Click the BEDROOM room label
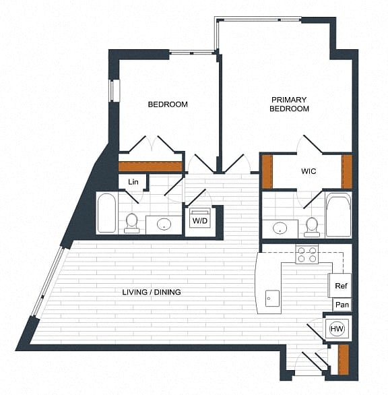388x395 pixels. click(x=168, y=104)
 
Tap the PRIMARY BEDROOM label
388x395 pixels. click(x=289, y=104)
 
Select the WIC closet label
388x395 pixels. click(x=309, y=171)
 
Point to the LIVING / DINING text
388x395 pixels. click(x=152, y=293)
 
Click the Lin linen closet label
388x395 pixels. click(x=133, y=181)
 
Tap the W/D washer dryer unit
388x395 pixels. click(x=200, y=218)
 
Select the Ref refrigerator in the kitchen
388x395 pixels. click(x=340, y=285)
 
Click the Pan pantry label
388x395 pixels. click(x=342, y=305)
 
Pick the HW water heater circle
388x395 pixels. click(x=337, y=328)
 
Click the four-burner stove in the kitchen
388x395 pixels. click(x=307, y=254)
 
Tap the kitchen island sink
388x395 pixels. click(x=272, y=299)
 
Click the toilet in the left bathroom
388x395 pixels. click(x=131, y=223)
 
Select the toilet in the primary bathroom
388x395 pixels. click(x=312, y=227)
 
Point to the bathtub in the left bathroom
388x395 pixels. click(x=106, y=213)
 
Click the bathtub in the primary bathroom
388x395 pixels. click(x=338, y=215)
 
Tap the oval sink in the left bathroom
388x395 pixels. click(x=164, y=224)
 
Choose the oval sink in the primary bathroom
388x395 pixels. click(x=280, y=228)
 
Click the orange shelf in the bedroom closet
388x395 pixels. click(x=150, y=166)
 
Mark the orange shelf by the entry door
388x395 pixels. click(x=344, y=359)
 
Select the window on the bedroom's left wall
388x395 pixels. click(x=115, y=91)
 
